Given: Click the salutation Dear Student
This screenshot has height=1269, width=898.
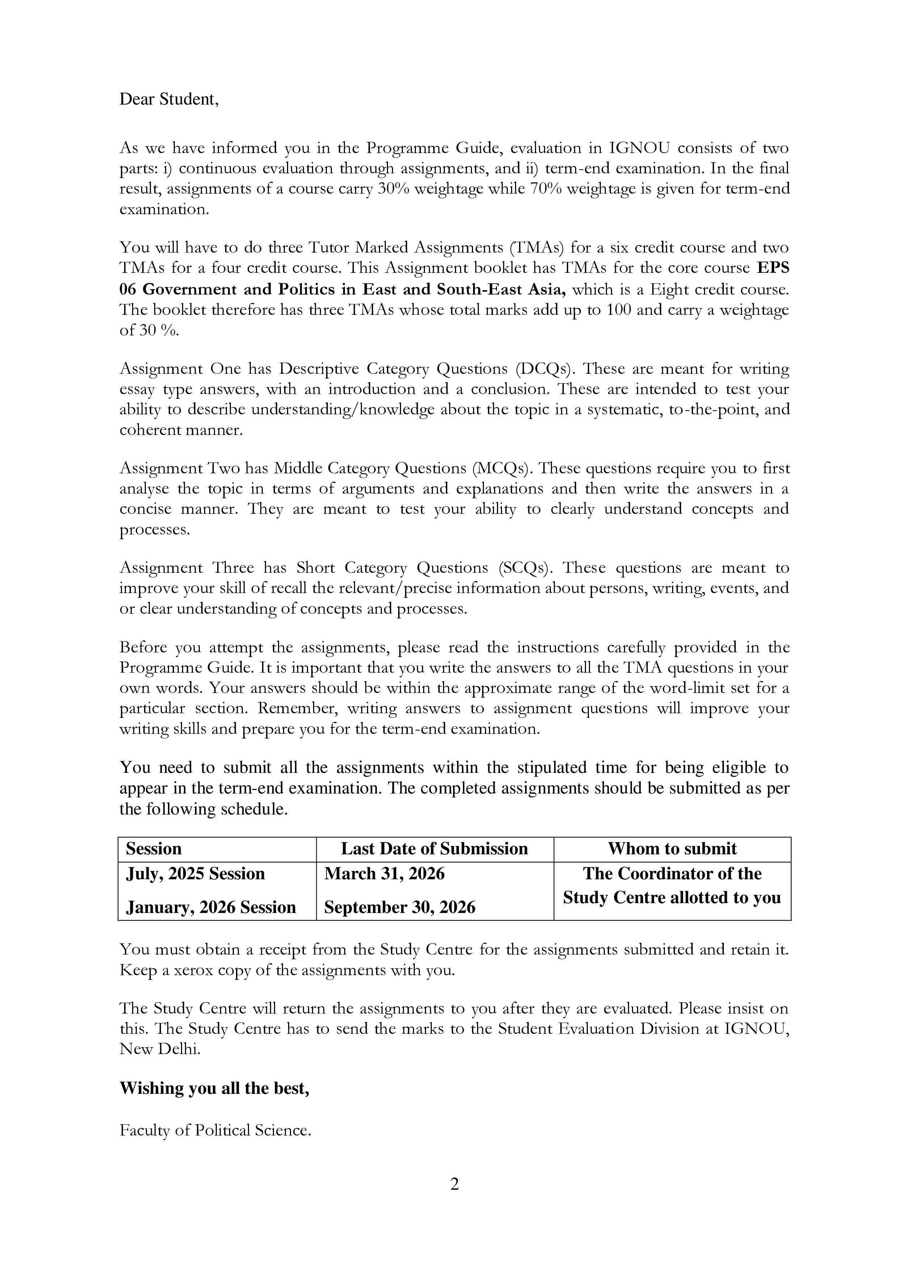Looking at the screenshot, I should [x=169, y=100].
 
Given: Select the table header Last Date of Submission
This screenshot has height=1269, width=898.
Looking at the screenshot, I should [x=434, y=849].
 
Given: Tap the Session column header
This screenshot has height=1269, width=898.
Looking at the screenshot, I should [x=154, y=849].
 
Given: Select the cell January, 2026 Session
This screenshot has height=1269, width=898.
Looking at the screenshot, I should [x=211, y=907].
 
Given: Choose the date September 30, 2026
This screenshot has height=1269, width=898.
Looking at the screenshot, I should [x=399, y=907].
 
